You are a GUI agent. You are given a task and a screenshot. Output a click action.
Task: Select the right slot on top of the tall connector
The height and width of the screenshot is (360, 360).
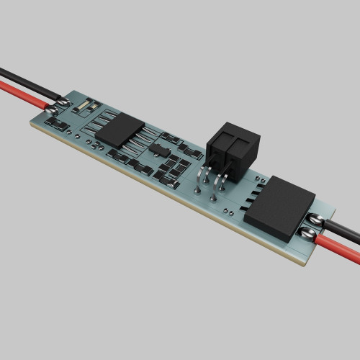[x=241, y=144]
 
